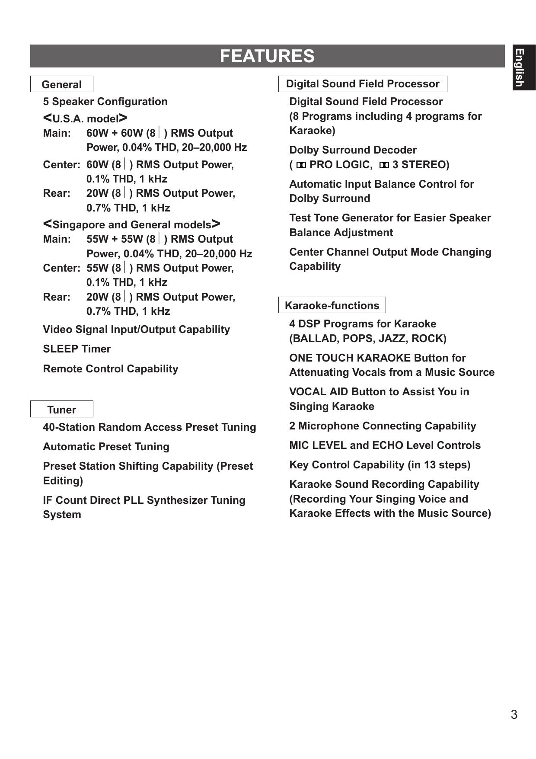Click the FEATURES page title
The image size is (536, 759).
tap(267, 56)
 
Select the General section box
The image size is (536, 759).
tap(61, 84)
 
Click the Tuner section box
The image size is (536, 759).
tap(61, 409)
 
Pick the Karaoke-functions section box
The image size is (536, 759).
tap(332, 305)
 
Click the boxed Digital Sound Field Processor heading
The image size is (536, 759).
tap(363, 84)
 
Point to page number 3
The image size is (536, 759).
tap(514, 714)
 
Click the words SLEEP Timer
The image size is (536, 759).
tap(77, 349)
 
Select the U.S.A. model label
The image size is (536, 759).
tap(85, 118)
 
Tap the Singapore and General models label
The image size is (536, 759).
tap(132, 224)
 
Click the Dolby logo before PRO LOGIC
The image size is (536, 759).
tap(301, 165)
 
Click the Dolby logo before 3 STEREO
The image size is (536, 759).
tap(384, 165)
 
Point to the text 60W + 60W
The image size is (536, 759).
tap(114, 133)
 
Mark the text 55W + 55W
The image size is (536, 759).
tap(114, 239)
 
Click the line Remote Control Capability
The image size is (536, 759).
tap(110, 369)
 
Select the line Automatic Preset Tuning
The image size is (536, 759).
tap(106, 447)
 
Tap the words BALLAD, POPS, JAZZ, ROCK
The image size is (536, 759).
tap(368, 339)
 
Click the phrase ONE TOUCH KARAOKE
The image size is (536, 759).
tap(350, 358)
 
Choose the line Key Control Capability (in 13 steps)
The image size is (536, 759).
tap(380, 465)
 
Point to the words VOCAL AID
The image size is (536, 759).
tap(319, 392)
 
